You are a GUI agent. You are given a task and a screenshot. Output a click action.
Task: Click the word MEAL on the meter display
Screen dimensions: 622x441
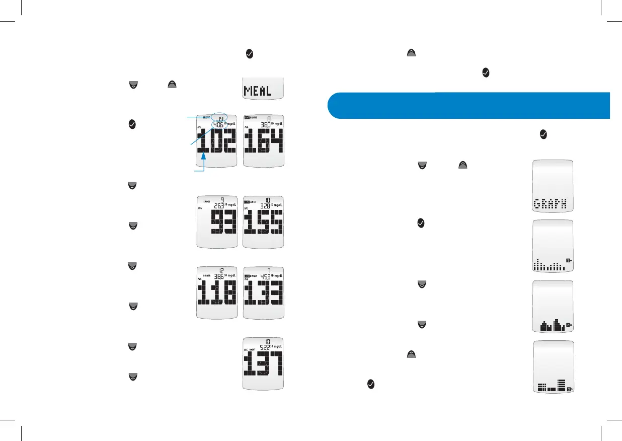[258, 91]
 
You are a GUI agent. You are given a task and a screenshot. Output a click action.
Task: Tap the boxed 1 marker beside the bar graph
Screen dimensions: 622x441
[568, 260]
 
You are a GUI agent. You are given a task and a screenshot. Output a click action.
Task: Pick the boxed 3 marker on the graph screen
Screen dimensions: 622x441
[569, 389]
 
